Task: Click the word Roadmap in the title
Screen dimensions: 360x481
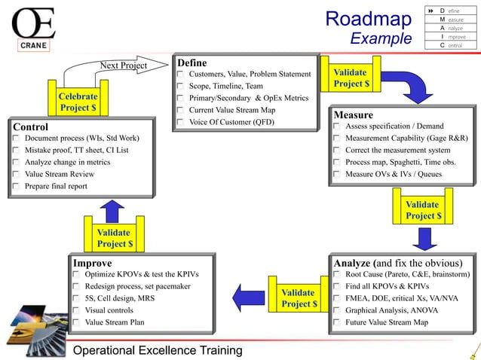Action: point(368,19)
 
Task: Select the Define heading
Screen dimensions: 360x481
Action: point(191,63)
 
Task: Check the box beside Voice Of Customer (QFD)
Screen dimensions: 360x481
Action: point(180,122)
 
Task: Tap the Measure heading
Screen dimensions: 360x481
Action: point(353,115)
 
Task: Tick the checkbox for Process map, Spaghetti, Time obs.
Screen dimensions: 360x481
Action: point(337,163)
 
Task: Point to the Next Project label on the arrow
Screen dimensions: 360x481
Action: point(124,66)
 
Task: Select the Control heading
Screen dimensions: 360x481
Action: point(31,127)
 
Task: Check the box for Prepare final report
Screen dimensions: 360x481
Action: point(17,187)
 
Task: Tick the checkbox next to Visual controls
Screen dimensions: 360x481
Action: point(77,310)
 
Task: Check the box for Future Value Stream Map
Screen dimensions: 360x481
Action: point(337,322)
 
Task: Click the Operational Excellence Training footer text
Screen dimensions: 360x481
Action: point(157,350)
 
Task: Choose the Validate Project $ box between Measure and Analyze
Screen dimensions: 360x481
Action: point(422,209)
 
